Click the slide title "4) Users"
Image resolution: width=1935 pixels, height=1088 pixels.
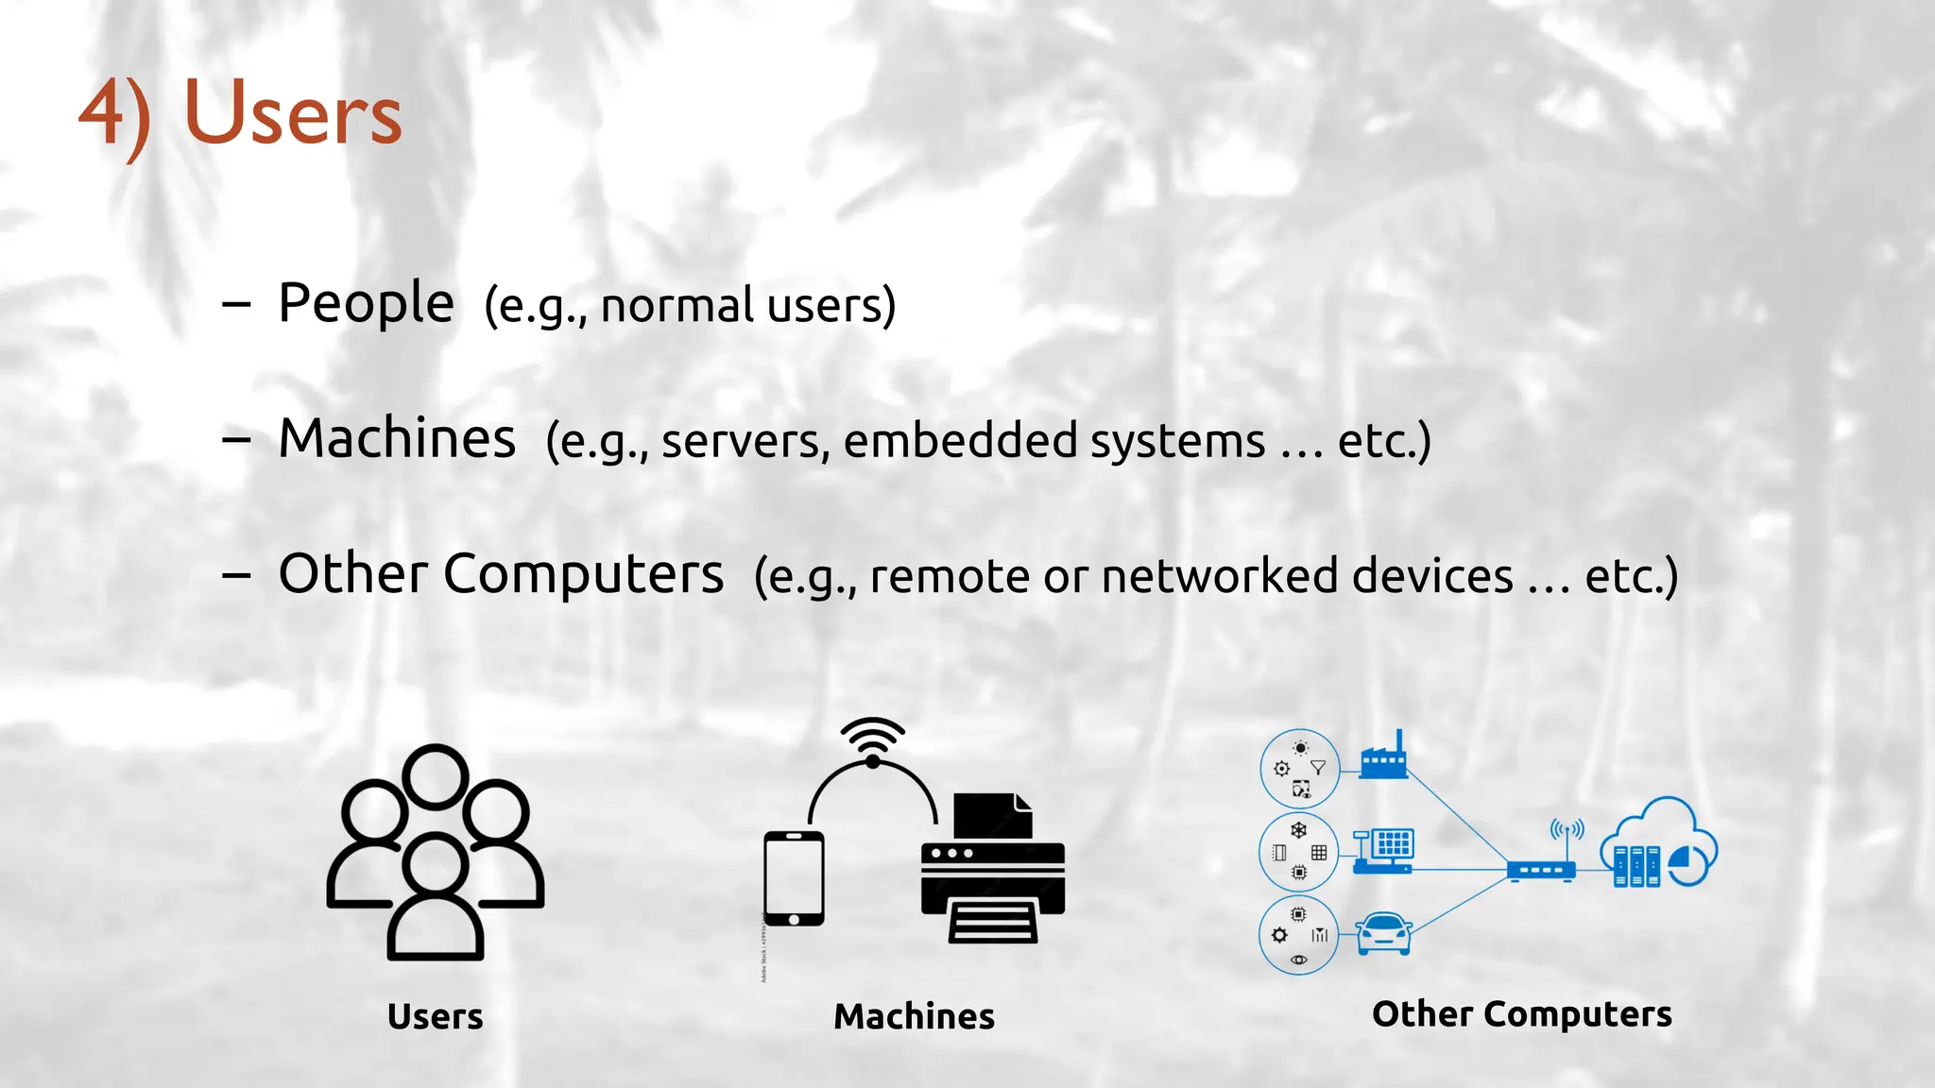point(241,113)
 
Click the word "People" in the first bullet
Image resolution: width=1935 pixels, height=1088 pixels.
point(366,304)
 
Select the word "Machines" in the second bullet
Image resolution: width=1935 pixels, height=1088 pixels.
point(397,439)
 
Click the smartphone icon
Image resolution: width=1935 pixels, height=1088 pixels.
point(794,878)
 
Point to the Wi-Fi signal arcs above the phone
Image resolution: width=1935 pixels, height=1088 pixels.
point(872,737)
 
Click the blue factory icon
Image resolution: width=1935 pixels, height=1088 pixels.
point(1383,756)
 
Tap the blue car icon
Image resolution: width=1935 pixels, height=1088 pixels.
point(1384,933)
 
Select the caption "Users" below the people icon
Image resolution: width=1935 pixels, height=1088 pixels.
point(436,1016)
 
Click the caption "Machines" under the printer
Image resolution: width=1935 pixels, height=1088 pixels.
point(914,1016)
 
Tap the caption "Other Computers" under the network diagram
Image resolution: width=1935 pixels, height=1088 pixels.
point(1522,1013)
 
